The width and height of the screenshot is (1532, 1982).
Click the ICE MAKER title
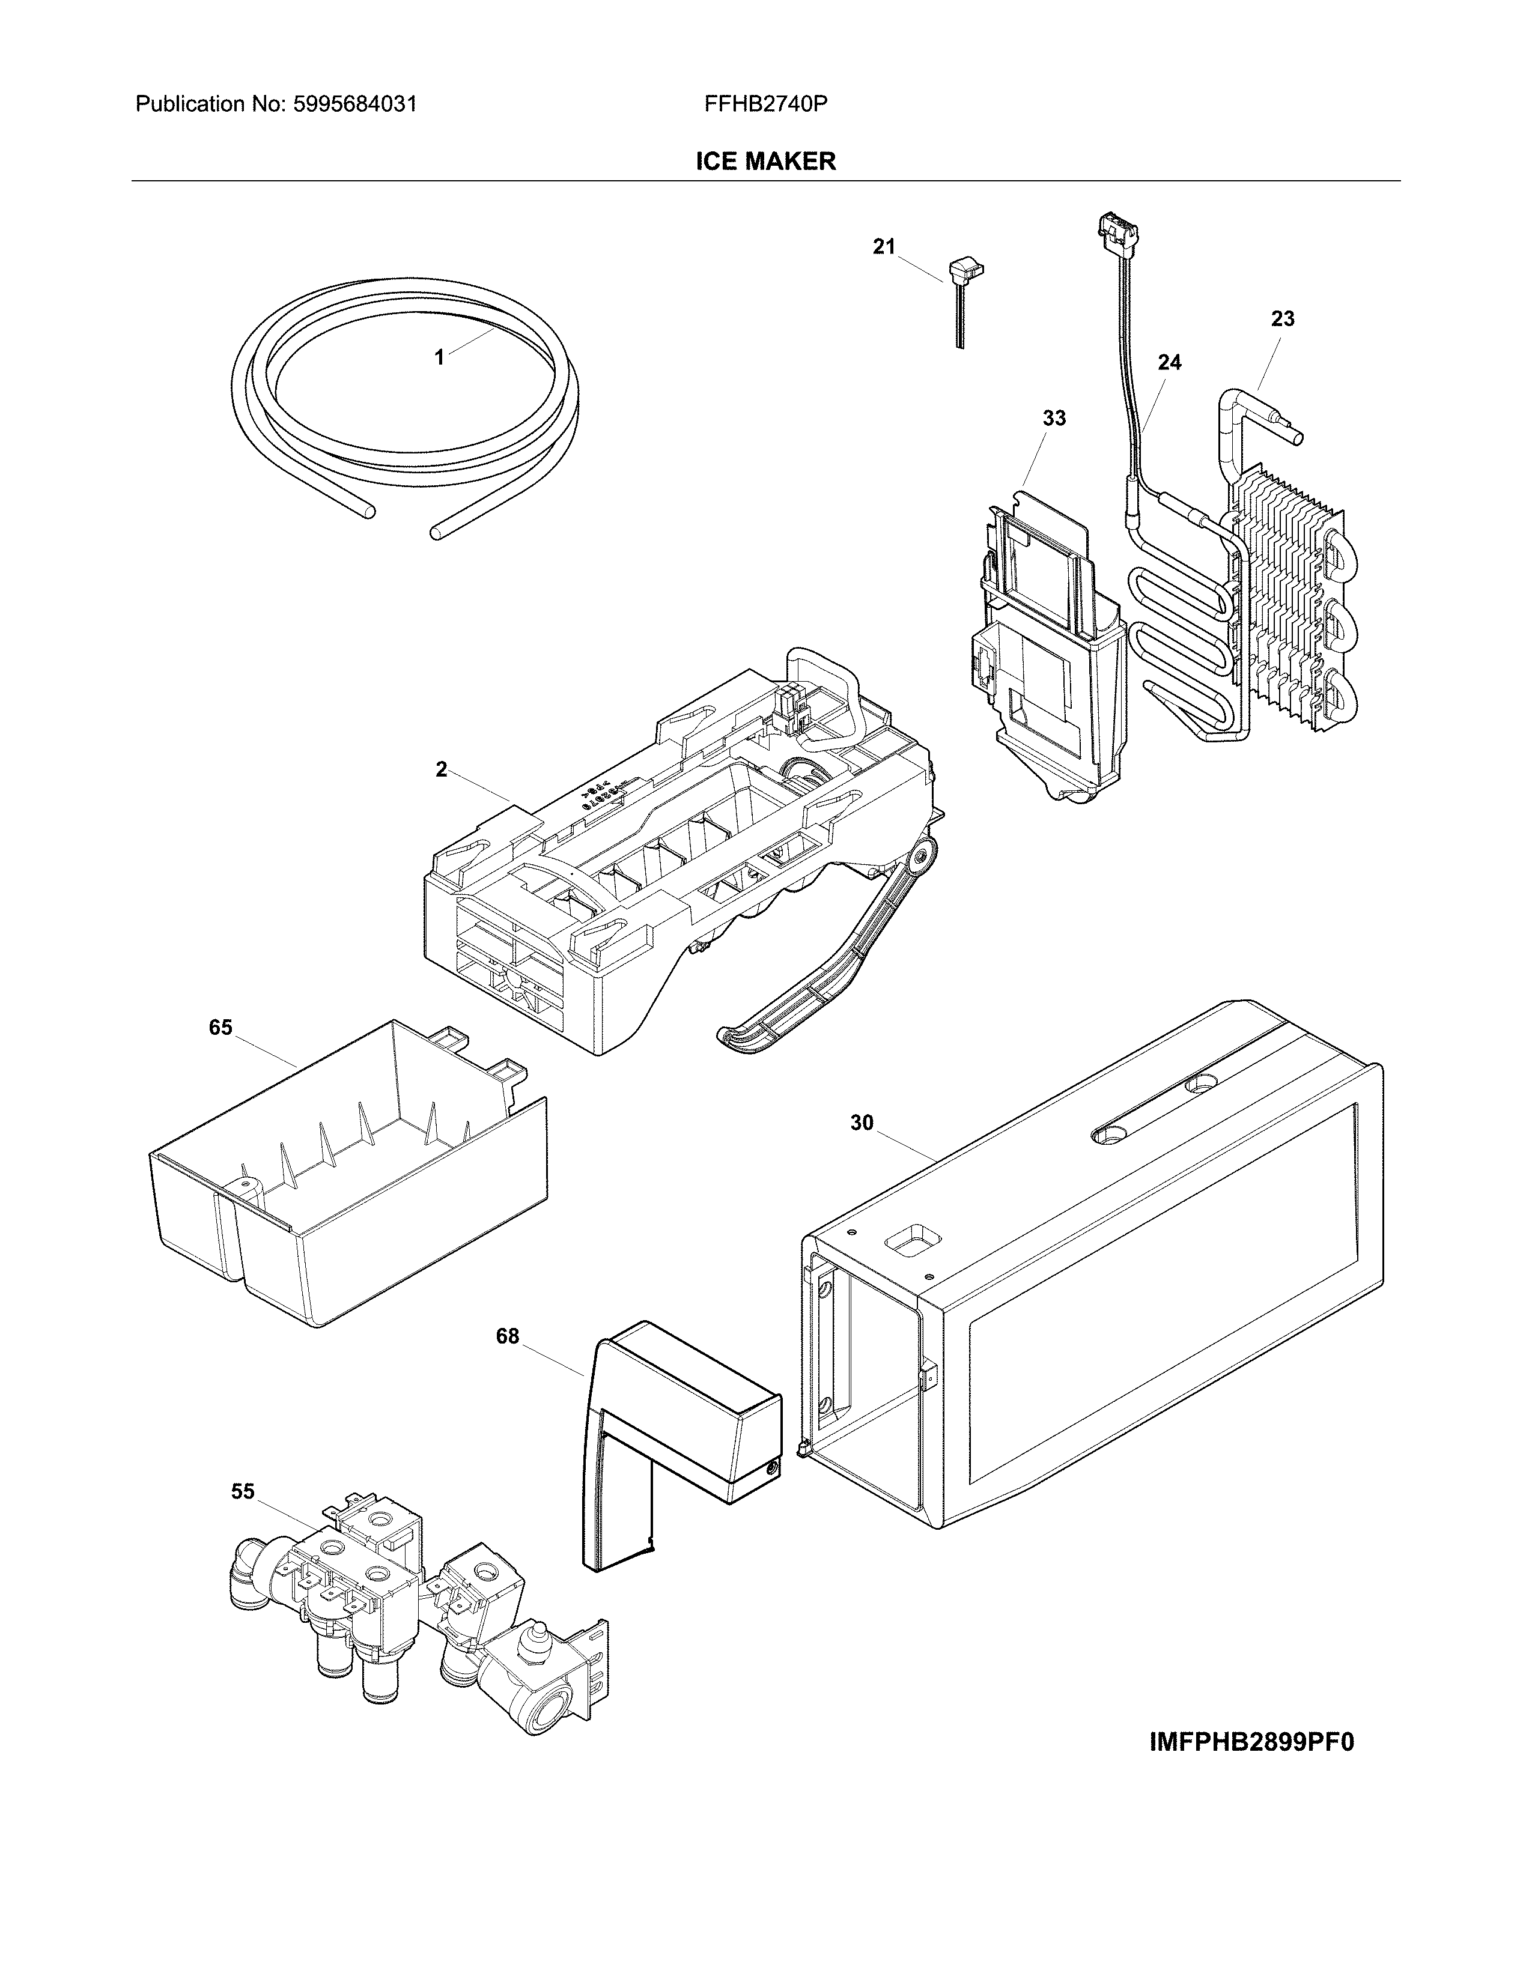[x=765, y=162]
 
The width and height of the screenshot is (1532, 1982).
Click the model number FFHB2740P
[x=765, y=105]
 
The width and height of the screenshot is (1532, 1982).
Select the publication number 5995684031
[x=355, y=105]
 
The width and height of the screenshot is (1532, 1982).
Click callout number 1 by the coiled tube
[x=439, y=357]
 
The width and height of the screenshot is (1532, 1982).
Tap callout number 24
[x=1170, y=363]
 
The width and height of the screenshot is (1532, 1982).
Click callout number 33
[x=1054, y=419]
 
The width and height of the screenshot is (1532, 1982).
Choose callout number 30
[x=862, y=1124]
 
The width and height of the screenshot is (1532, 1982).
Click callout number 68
[x=507, y=1337]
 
